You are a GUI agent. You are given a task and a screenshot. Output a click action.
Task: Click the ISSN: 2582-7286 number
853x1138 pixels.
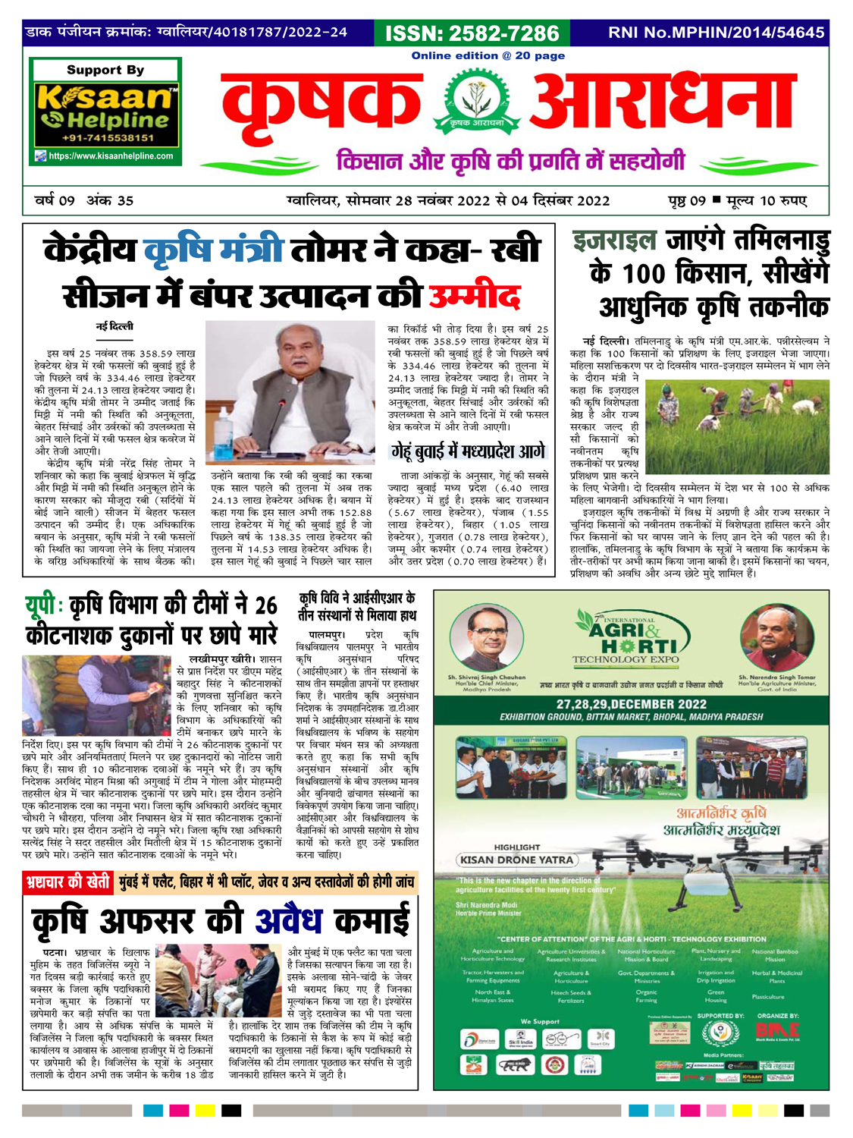click(472, 33)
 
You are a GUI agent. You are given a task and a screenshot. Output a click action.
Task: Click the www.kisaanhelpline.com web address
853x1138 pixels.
click(111, 156)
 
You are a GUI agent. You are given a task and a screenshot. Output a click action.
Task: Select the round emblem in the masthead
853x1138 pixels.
click(471, 106)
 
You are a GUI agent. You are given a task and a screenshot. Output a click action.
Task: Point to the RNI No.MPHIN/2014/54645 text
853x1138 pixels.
click(716, 33)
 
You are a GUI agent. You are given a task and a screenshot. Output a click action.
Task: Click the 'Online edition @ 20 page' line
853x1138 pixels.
click(488, 55)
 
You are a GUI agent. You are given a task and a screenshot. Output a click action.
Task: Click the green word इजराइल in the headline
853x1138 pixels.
click(614, 242)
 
